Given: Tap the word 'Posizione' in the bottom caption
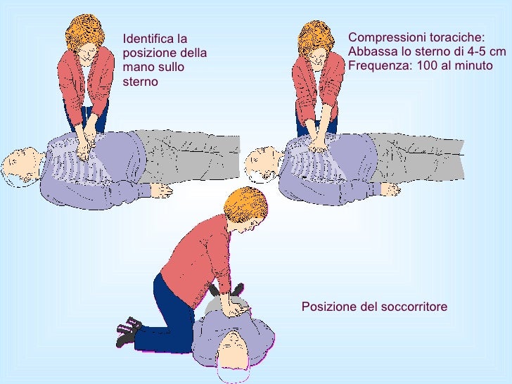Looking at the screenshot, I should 327,307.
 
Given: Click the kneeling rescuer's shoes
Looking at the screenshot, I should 128,329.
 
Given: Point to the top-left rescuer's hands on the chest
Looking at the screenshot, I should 85,149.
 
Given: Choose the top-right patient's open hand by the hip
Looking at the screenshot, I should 390,188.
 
